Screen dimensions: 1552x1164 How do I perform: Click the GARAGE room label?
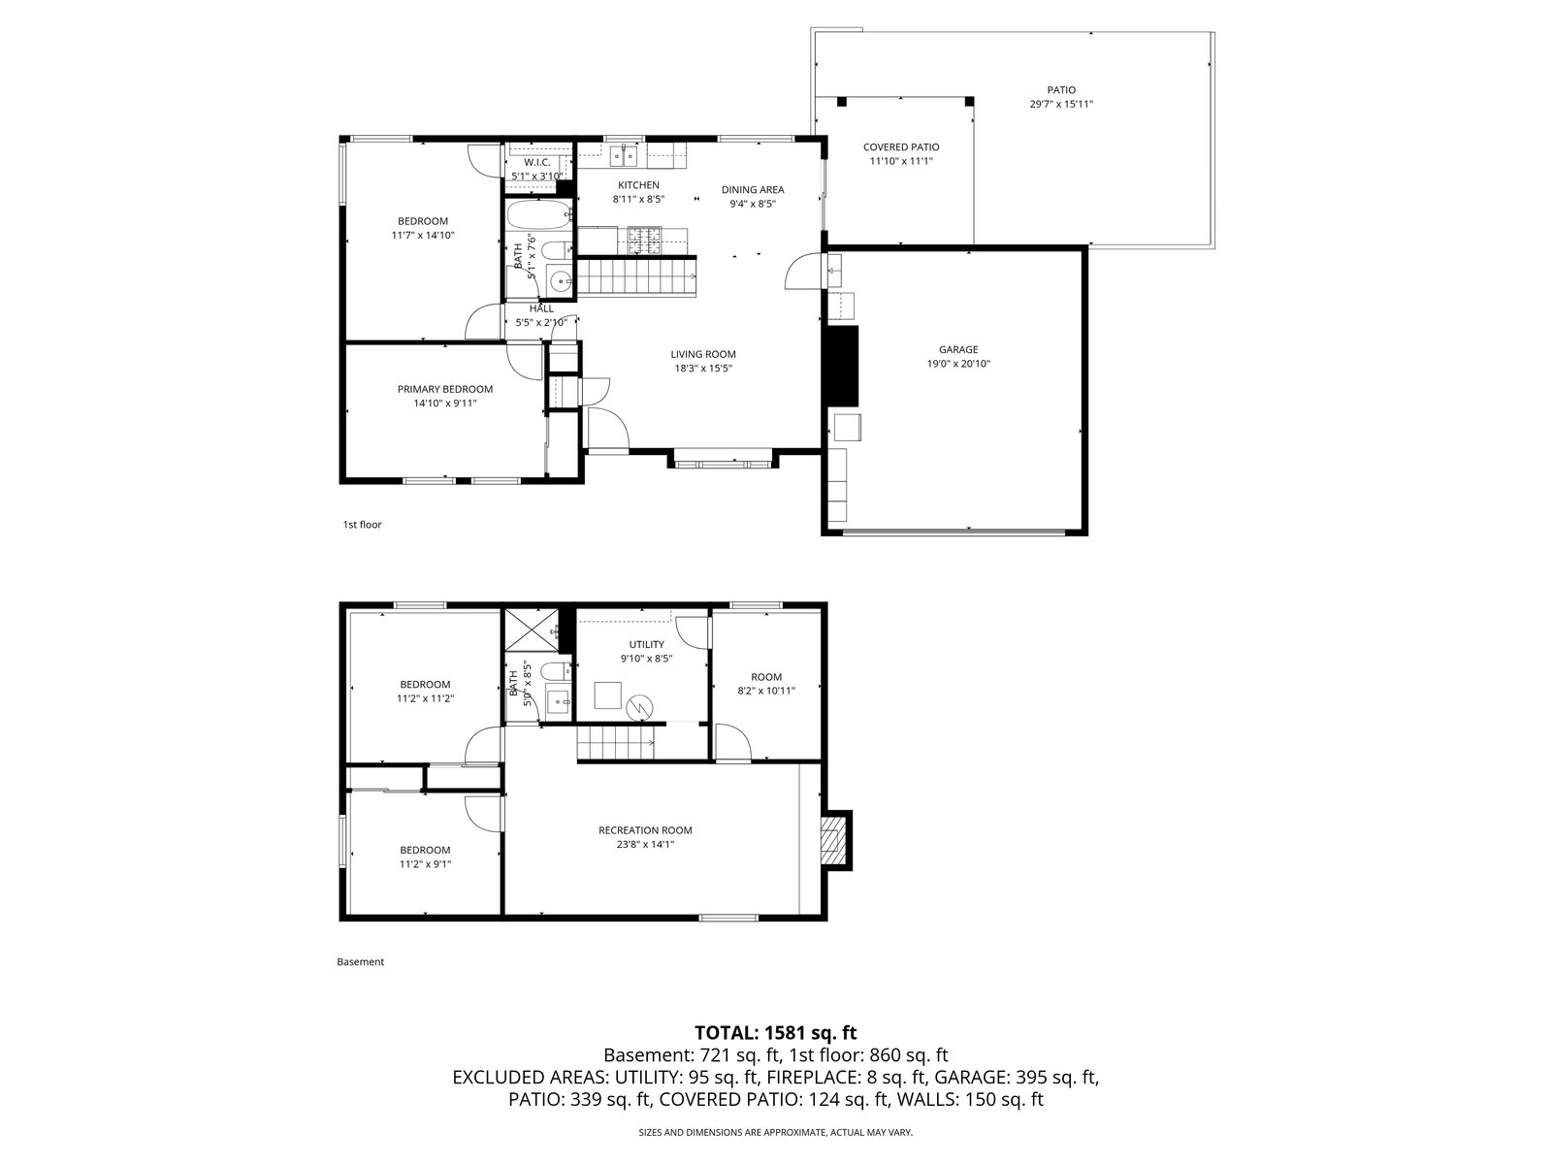pos(958,349)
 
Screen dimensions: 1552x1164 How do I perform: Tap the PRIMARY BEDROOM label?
pos(444,389)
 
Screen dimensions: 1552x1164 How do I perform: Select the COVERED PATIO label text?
pos(901,147)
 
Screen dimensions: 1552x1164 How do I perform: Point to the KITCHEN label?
pos(638,185)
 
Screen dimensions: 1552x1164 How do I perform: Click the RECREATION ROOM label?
pos(645,829)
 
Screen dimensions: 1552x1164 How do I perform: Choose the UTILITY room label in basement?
pos(646,644)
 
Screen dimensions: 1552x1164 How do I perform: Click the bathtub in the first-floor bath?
pos(538,214)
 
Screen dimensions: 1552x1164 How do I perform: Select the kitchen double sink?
pos(624,155)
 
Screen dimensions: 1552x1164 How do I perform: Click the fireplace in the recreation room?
pos(836,840)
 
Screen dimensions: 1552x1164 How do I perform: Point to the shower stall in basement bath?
pos(531,630)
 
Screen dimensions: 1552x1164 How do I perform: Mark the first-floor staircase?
pos(637,276)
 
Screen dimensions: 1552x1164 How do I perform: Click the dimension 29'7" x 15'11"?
pos(1061,104)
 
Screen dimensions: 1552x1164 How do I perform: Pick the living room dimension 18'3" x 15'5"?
pos(703,369)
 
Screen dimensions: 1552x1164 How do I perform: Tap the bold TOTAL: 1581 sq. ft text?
pos(776,1032)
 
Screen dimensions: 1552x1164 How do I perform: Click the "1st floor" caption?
pos(362,525)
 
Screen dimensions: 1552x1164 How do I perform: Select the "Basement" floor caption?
pos(361,961)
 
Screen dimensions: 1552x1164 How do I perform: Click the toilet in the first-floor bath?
pos(556,249)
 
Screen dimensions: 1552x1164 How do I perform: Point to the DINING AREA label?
pos(753,189)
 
